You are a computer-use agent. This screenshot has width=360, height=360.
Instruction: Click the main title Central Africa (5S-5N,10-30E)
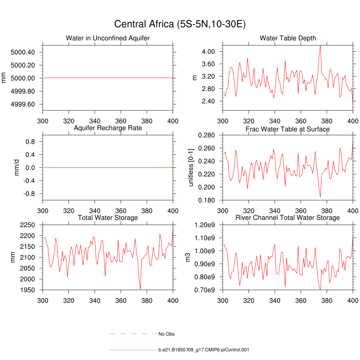click(180, 24)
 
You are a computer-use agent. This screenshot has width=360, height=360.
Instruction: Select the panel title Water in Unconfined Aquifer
click(108, 38)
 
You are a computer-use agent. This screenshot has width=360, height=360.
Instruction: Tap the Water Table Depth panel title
click(288, 38)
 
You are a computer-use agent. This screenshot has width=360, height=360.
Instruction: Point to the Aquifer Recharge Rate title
click(108, 128)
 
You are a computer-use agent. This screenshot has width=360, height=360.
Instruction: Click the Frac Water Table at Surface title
click(288, 129)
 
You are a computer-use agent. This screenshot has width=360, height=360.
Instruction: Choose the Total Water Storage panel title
click(108, 218)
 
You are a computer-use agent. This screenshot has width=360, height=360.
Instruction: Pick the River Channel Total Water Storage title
click(288, 218)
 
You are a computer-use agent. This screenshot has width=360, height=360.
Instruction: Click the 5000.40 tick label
click(22, 52)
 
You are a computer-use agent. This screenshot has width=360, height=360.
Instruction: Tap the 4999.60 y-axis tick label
click(22, 104)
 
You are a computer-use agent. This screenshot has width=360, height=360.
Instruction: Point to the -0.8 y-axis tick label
click(28, 194)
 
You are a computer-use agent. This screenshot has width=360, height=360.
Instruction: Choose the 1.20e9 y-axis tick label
click(206, 225)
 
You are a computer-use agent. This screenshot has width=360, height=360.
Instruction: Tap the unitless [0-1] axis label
click(191, 168)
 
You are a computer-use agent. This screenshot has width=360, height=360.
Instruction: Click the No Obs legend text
click(166, 334)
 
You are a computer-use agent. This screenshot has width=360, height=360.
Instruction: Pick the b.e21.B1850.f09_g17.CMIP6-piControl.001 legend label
click(204, 350)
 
